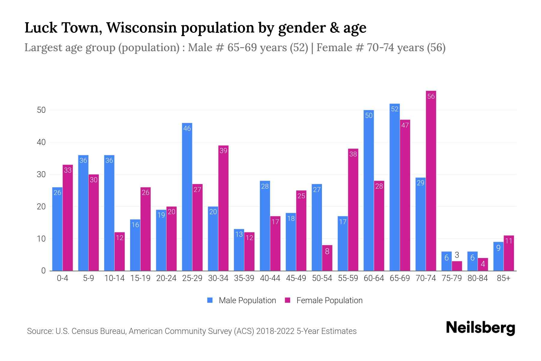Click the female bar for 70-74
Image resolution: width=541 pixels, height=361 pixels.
pos(431,180)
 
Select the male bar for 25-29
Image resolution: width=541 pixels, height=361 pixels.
pos(187,197)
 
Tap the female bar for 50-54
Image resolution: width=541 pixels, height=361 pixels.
pos(327,258)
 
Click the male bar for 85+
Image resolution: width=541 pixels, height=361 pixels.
pos(498,256)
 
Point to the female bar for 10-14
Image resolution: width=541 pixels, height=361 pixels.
pos(120,251)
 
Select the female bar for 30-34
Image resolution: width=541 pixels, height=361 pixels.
pos(223,208)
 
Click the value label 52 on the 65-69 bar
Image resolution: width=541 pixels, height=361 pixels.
pos(395,109)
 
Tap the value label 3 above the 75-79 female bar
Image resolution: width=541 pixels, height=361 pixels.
pos(457,255)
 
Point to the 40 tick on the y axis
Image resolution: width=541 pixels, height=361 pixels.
pos(41,142)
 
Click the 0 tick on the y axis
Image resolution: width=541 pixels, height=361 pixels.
pos(43,271)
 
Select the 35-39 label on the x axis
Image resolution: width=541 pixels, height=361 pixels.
pos(244,278)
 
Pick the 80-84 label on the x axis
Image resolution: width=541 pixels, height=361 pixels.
pos(477,278)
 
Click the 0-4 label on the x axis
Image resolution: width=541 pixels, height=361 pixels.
pos(63,278)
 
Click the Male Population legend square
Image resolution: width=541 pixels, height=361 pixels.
pos(210,300)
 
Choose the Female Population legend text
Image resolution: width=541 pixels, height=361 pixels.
pos(329,301)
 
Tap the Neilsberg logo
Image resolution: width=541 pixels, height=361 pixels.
pos(480,328)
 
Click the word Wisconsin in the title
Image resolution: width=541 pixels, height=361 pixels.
pos(141,28)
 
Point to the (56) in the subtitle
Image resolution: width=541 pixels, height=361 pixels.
pos(436,48)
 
